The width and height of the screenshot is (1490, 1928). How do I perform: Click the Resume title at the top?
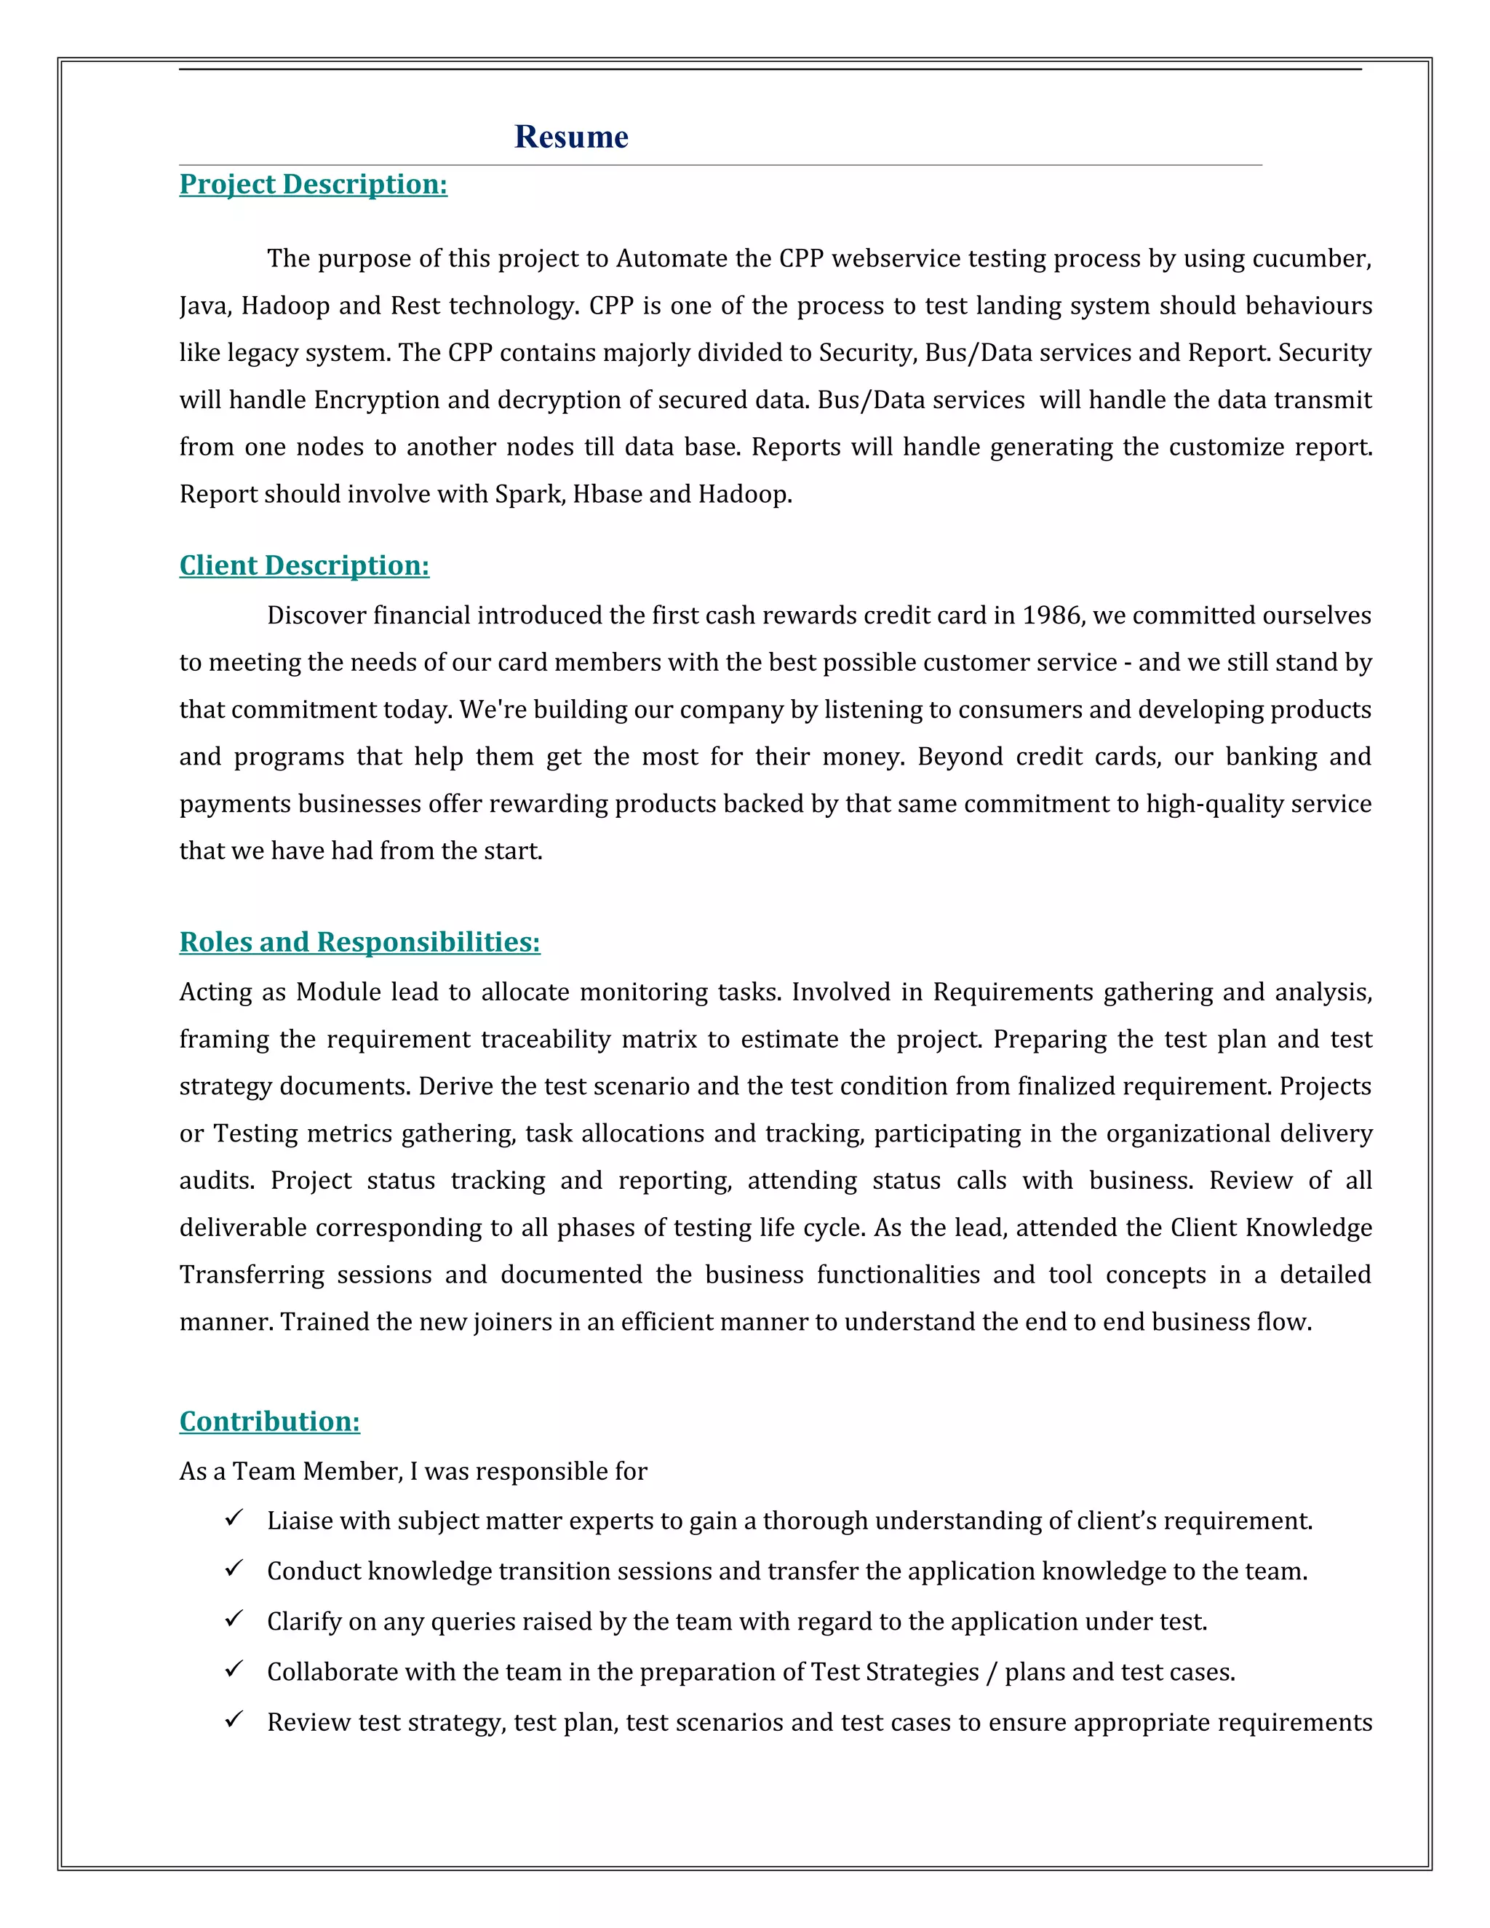(571, 137)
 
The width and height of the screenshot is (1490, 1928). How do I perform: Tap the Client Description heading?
(305, 565)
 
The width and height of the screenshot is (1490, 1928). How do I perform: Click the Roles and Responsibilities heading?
(359, 942)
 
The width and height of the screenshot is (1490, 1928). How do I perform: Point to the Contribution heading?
(269, 1422)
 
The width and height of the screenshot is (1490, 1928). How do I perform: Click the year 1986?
(1051, 616)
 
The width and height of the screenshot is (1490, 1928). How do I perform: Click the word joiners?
(512, 1323)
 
